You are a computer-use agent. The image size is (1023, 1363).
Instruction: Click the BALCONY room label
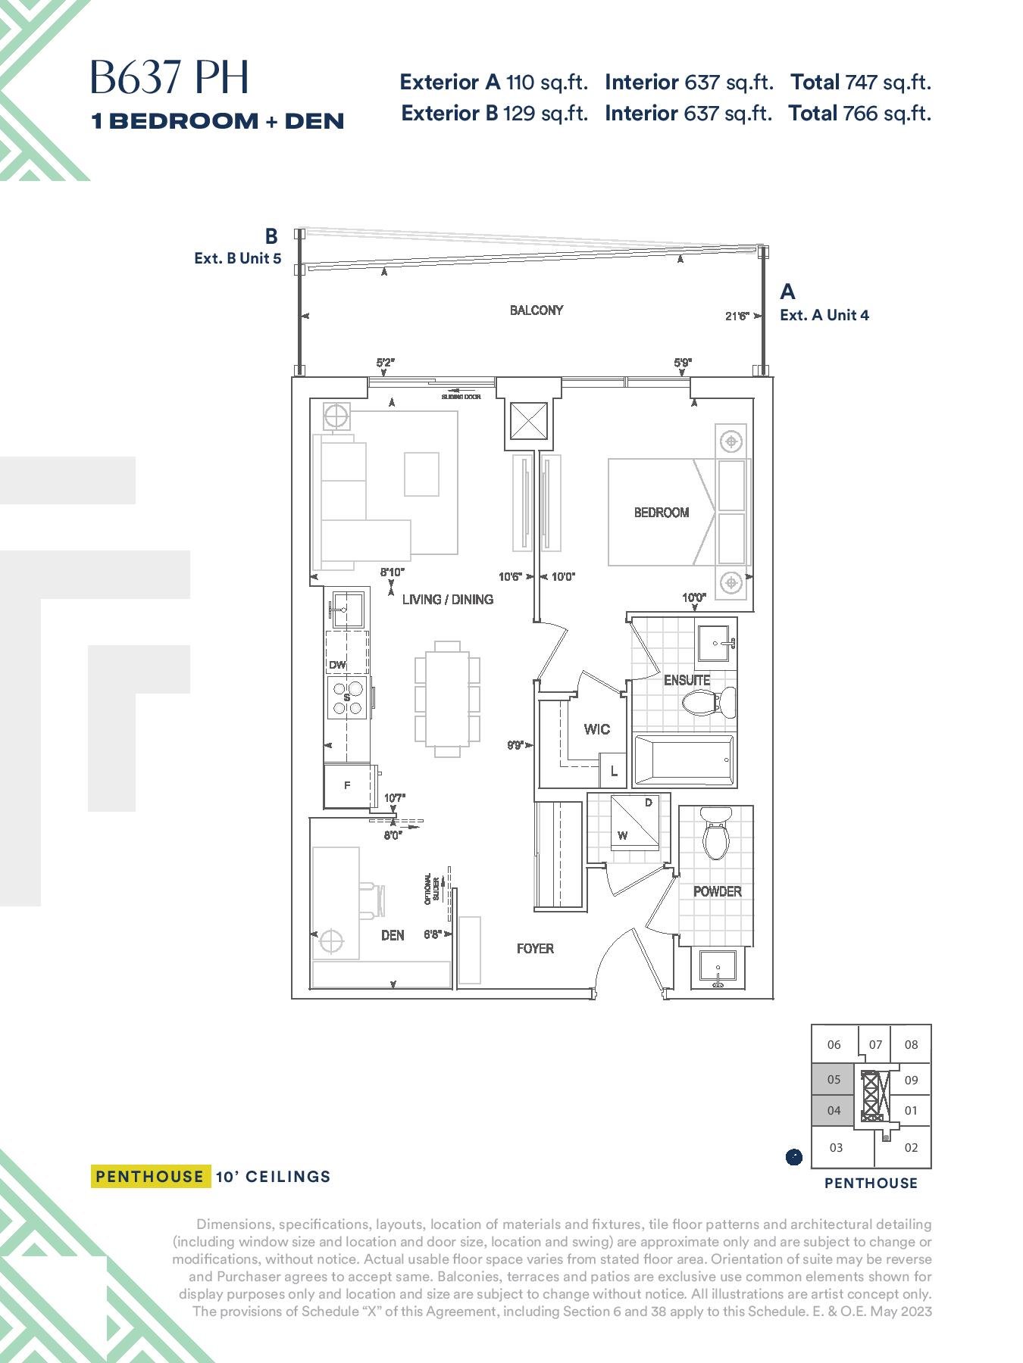click(537, 310)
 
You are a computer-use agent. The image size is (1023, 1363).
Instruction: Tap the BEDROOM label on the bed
click(662, 513)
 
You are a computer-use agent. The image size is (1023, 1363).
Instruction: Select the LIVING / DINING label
click(448, 600)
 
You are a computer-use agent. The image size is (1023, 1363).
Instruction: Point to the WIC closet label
click(597, 729)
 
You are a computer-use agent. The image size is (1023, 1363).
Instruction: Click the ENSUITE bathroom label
click(687, 680)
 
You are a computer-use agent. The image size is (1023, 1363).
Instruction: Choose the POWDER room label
click(718, 891)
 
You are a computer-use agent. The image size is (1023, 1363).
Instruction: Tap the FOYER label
click(535, 949)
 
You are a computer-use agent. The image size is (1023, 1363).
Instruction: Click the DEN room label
click(393, 935)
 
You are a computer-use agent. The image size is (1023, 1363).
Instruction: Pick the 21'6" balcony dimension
click(737, 316)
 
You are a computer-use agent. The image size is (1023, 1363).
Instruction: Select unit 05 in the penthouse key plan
click(834, 1080)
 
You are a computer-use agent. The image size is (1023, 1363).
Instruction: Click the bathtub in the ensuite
click(684, 759)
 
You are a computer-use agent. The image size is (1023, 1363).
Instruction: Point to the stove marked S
click(348, 697)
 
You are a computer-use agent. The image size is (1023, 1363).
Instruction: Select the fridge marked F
click(348, 786)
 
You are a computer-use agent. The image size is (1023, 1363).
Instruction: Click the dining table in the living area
click(447, 699)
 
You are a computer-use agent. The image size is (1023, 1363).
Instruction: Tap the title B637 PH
click(170, 77)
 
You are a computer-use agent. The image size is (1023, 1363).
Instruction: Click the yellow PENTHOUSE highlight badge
click(150, 1176)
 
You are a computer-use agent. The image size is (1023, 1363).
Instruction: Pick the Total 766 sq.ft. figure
click(859, 114)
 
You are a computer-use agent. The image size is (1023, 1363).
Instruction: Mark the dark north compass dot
click(793, 1157)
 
